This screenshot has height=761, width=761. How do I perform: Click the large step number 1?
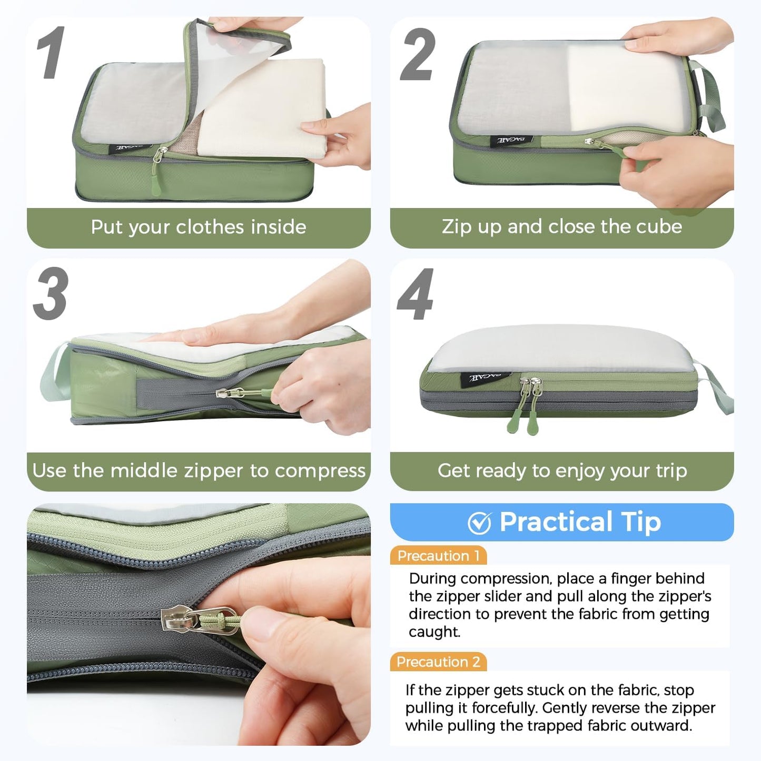51,53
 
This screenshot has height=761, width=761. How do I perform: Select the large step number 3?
51,293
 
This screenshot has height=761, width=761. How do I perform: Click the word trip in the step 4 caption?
671,470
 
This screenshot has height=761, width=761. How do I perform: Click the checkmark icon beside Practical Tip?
479,523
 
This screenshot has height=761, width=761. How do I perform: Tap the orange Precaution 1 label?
438,556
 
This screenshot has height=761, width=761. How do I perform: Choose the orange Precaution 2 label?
438,662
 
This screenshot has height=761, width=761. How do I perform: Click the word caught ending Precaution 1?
434,631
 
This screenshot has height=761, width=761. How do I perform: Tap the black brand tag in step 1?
130,149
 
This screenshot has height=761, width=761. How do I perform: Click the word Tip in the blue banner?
640,522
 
